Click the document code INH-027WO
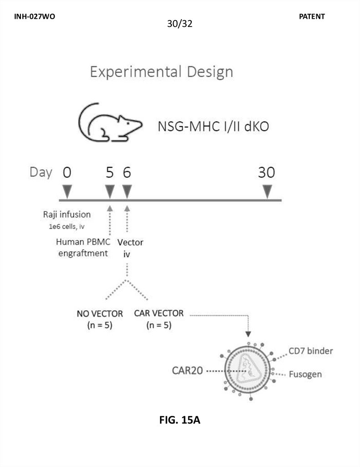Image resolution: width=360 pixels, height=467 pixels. [35, 16]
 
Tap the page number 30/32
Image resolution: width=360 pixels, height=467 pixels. [180, 24]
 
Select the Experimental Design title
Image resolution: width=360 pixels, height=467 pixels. [161, 72]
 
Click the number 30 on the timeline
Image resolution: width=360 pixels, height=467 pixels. [267, 172]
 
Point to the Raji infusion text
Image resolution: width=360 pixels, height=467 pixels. [67, 214]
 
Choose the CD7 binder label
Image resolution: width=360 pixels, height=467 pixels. [311, 351]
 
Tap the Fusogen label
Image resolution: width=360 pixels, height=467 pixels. [305, 374]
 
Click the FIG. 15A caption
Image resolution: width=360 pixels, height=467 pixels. [180, 420]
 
